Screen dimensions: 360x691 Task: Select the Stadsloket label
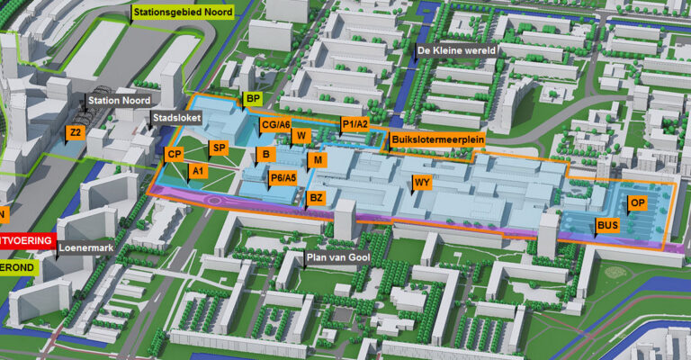(x=177, y=117)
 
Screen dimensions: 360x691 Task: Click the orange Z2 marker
(x=76, y=132)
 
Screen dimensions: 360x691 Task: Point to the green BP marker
(x=253, y=98)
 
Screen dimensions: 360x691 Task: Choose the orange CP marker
(x=175, y=154)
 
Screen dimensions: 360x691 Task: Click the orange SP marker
(x=218, y=148)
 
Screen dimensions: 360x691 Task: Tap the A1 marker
(x=199, y=169)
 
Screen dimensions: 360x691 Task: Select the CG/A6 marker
(x=275, y=125)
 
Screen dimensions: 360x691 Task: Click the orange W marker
(x=302, y=135)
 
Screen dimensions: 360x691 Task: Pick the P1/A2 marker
(x=354, y=123)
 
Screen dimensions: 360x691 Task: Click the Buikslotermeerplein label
(x=430, y=140)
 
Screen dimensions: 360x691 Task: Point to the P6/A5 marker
(x=283, y=177)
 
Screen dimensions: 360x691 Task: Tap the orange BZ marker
(x=316, y=197)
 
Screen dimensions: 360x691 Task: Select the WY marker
(x=420, y=184)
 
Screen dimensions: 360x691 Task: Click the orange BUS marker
(x=607, y=225)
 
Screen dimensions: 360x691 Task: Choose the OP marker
(x=636, y=202)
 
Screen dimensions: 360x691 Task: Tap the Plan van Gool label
(x=337, y=258)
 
